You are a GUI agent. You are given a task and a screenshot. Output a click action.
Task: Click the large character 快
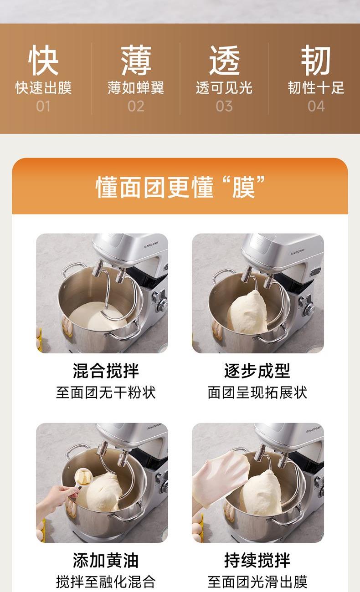(x=43, y=60)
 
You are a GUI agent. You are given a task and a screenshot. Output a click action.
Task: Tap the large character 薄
(x=136, y=60)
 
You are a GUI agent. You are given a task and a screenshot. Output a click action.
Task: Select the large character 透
(x=224, y=60)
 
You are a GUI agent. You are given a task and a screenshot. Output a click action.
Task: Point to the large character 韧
(x=316, y=60)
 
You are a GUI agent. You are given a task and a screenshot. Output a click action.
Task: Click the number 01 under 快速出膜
(x=43, y=106)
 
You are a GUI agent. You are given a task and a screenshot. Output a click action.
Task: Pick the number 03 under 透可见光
(x=224, y=106)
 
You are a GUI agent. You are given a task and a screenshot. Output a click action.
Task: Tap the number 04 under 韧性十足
(x=316, y=106)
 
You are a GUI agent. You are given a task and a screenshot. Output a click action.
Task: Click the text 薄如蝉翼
(x=136, y=88)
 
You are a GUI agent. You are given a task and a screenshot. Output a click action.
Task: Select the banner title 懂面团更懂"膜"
(x=180, y=187)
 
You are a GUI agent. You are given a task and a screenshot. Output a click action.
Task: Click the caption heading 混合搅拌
(x=106, y=371)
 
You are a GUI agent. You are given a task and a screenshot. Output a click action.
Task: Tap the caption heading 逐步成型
(x=257, y=371)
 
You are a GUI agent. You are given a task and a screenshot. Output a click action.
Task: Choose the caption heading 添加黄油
(x=106, y=560)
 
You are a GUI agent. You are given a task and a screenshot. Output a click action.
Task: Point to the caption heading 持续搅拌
(x=257, y=560)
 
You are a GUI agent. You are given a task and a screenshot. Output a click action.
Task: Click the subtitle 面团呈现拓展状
(x=257, y=393)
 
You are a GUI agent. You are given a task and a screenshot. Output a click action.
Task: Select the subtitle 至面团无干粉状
(x=106, y=393)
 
